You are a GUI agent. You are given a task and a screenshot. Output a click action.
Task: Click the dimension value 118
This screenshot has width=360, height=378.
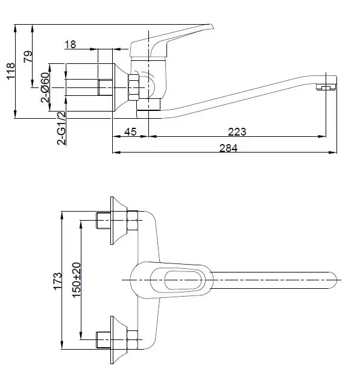[11, 71]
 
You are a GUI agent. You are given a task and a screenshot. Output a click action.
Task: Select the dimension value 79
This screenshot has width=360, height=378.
[28, 57]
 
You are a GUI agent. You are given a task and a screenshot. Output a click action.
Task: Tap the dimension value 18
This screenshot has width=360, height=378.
[70, 45]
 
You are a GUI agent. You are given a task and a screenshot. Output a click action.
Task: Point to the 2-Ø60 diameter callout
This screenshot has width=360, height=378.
[45, 87]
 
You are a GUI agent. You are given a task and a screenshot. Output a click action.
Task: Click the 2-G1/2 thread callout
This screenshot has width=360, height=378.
[62, 128]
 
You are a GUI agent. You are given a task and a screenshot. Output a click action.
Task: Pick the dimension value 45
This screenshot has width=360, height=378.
[130, 132]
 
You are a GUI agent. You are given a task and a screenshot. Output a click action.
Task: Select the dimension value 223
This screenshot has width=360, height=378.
[237, 132]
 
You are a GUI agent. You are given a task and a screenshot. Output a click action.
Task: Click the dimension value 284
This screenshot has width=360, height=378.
[229, 148]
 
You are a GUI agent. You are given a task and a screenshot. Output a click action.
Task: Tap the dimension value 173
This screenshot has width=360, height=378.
[57, 281]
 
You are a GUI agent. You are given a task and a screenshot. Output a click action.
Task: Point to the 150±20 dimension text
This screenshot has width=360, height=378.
[77, 280]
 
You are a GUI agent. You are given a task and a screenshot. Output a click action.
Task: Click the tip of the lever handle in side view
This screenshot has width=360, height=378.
[212, 25]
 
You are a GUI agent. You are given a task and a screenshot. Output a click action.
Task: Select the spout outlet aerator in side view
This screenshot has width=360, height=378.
[326, 87]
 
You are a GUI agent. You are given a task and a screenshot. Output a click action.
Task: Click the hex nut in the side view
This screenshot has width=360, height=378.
[134, 87]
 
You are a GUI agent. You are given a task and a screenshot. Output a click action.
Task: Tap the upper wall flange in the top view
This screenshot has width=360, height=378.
[119, 220]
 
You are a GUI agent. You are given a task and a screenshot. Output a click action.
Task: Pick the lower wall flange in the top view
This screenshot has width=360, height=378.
[119, 340]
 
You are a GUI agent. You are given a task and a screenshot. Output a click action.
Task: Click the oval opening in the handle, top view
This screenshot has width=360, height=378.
[183, 280]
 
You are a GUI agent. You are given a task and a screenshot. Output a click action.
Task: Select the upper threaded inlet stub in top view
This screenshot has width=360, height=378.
[104, 220]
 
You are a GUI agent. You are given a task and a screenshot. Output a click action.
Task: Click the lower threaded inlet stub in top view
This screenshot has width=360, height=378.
[104, 340]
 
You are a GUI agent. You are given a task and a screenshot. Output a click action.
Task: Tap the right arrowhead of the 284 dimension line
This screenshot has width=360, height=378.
[333, 153]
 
